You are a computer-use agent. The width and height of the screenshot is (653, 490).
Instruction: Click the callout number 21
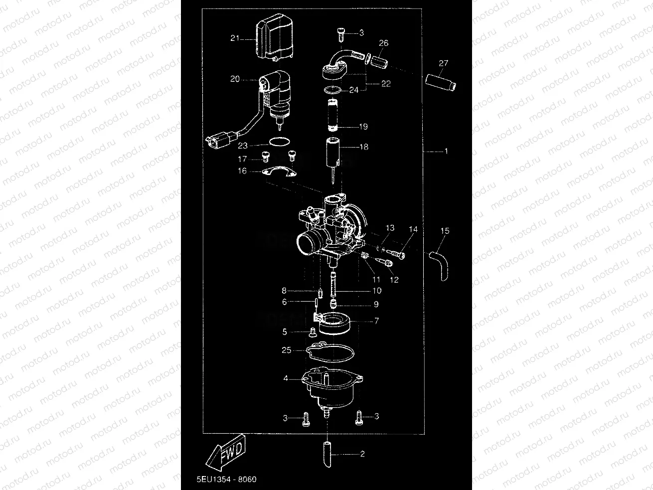[235, 38]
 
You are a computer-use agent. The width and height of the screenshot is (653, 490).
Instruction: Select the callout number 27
[443, 63]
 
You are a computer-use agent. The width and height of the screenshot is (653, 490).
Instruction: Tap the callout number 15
[445, 231]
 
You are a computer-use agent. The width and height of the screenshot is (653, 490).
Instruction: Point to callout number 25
[287, 350]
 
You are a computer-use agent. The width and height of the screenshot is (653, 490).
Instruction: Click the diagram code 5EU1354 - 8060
[226, 479]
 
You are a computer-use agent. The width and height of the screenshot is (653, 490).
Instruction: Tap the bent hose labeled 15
[440, 264]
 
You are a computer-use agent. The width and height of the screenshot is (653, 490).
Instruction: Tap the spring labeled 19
[333, 116]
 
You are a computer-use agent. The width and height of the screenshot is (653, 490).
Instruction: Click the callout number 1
[446, 150]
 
